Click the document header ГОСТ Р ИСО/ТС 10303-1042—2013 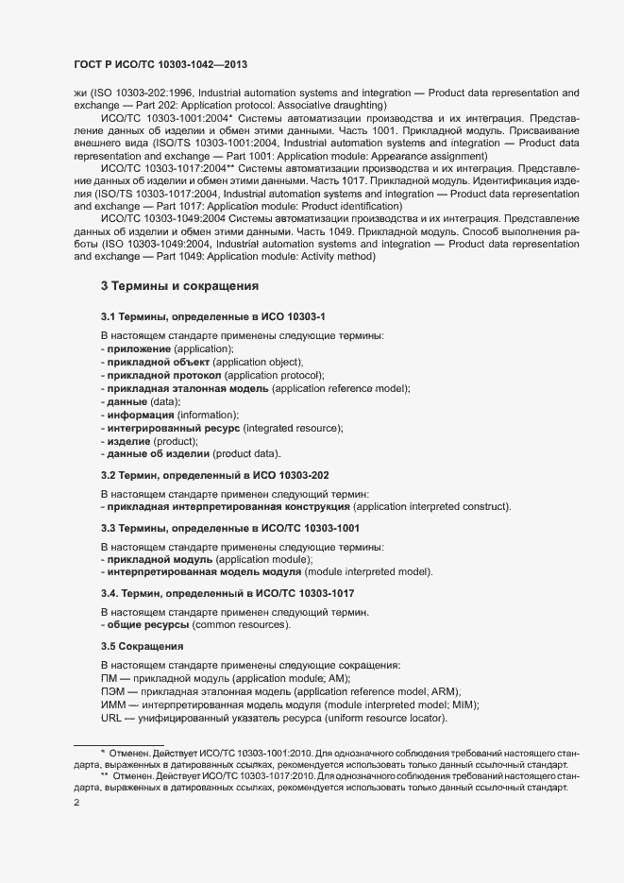point(160,65)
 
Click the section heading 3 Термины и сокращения point(179,285)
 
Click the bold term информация point(140,415)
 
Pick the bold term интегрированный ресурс point(174,428)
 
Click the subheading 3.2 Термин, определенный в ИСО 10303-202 point(215,475)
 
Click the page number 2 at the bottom point(76,804)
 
